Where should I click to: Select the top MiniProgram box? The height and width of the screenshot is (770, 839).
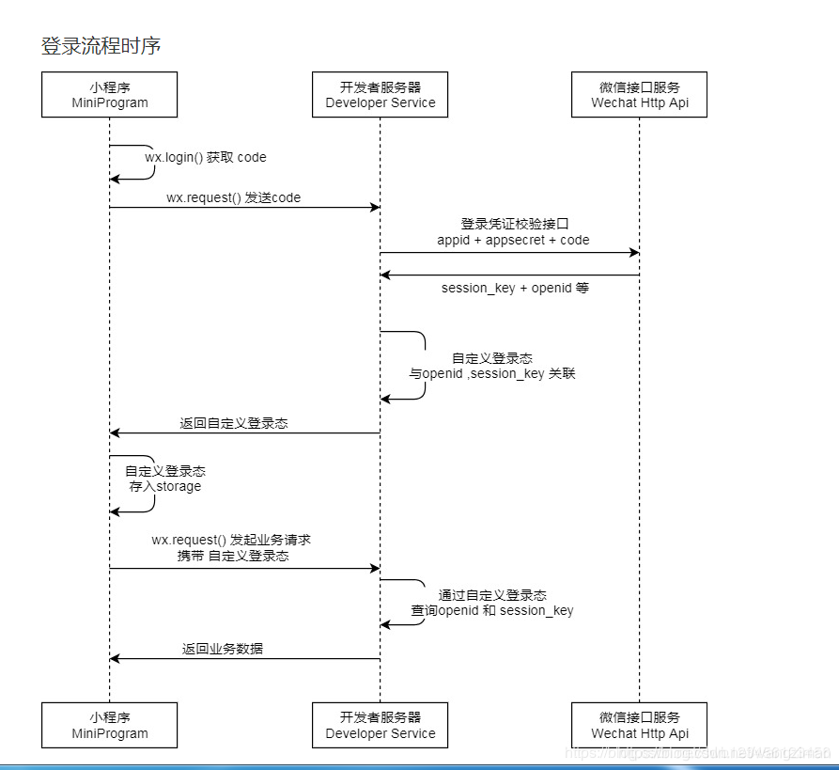tap(110, 95)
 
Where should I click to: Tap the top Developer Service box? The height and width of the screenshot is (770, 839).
tap(381, 95)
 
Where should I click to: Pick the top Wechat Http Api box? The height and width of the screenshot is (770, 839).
tap(639, 95)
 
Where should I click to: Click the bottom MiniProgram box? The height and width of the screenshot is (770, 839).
tap(110, 725)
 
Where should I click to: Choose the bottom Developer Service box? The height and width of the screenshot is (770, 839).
tap(381, 725)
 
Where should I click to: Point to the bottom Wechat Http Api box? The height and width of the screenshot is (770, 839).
tap(639, 725)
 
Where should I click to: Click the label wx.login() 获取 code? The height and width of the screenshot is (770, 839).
tap(206, 157)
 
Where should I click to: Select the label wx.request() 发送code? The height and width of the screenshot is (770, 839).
tap(234, 197)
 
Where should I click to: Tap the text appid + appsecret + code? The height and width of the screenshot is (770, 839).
tap(513, 240)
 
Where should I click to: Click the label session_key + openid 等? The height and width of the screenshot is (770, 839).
tap(515, 288)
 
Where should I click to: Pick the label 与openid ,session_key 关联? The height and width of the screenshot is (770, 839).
tap(492, 373)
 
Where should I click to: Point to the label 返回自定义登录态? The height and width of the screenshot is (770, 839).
tap(234, 423)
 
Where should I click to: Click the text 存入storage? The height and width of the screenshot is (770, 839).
tap(165, 486)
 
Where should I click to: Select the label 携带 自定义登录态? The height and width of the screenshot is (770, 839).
tap(233, 556)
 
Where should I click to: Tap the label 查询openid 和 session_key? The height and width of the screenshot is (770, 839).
tap(492, 610)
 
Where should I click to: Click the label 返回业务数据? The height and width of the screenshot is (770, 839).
tap(223, 649)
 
